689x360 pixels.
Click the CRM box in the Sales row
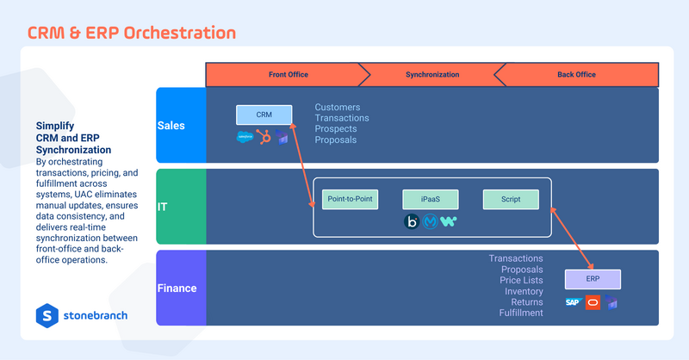(x=264, y=115)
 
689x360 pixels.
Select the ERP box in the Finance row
(x=593, y=279)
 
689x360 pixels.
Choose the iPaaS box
(x=431, y=199)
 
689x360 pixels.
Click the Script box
(x=511, y=199)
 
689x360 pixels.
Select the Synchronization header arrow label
(x=432, y=75)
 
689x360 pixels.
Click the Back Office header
(x=576, y=75)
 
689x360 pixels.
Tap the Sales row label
(x=171, y=126)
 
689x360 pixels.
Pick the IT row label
(x=164, y=207)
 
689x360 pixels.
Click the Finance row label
(x=176, y=289)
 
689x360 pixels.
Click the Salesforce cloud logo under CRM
(x=244, y=137)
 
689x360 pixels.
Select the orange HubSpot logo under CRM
(x=264, y=137)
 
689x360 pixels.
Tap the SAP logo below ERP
(x=573, y=302)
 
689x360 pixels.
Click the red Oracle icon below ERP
(x=593, y=302)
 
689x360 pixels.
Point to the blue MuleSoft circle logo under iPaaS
(x=431, y=221)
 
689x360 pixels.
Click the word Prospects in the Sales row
(x=335, y=129)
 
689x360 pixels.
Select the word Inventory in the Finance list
(x=523, y=292)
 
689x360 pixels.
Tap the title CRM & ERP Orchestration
(x=132, y=33)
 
